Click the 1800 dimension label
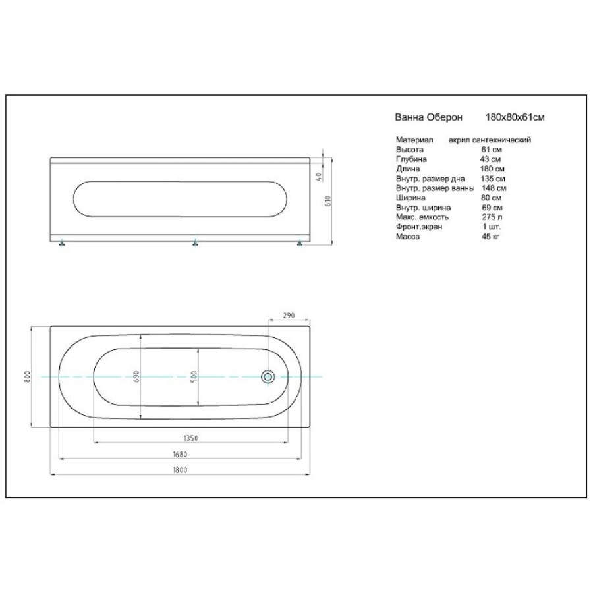pyautogui.click(x=180, y=470)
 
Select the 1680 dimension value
pyautogui.click(x=180, y=454)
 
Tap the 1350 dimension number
pyautogui.click(x=190, y=438)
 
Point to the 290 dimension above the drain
pyautogui.click(x=289, y=316)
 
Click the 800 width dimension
pyautogui.click(x=27, y=376)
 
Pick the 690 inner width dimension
pyautogui.click(x=136, y=376)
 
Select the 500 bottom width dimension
pyautogui.click(x=194, y=377)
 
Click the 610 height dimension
pyautogui.click(x=328, y=201)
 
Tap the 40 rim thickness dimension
pyautogui.click(x=319, y=176)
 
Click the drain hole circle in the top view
pyautogui.click(x=268, y=377)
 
